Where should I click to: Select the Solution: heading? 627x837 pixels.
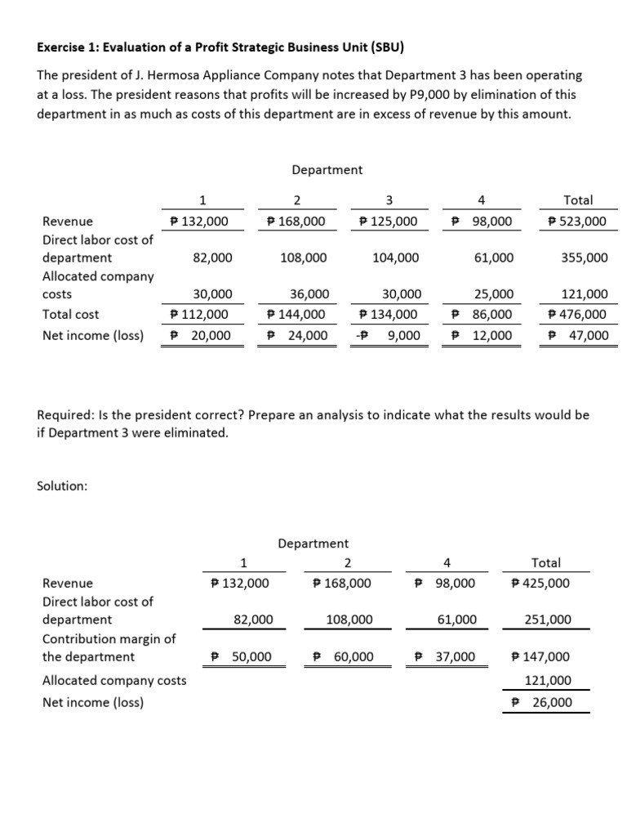point(62,486)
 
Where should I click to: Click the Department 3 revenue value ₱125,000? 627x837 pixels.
point(389,222)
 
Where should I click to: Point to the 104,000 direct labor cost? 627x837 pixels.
point(395,257)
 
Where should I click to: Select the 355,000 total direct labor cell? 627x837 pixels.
point(584,257)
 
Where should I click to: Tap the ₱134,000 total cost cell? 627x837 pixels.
point(389,314)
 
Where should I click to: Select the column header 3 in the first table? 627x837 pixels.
point(389,200)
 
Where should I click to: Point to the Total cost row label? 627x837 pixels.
point(70,314)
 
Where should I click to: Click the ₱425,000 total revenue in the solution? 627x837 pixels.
point(540,583)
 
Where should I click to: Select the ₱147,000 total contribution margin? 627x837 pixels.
point(540,656)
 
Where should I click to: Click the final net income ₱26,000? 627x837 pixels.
point(540,702)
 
